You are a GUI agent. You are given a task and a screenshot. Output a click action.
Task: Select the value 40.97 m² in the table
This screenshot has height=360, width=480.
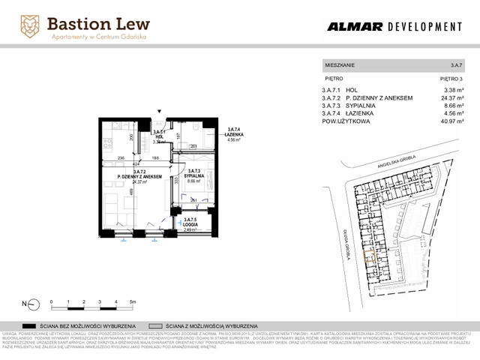[452, 120]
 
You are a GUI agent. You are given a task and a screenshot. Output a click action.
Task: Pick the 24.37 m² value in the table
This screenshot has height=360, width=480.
[451, 97]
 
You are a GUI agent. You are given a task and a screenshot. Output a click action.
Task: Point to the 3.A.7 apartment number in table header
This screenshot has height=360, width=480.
[457, 66]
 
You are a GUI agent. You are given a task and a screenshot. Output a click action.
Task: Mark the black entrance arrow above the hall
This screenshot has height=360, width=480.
[158, 112]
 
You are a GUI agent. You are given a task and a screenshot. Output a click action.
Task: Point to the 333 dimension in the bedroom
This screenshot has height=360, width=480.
[175, 180]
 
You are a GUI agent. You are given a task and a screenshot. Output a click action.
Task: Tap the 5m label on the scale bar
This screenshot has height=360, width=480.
[132, 301]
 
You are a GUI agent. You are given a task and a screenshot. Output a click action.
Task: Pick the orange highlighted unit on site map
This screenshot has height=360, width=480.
[367, 258]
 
